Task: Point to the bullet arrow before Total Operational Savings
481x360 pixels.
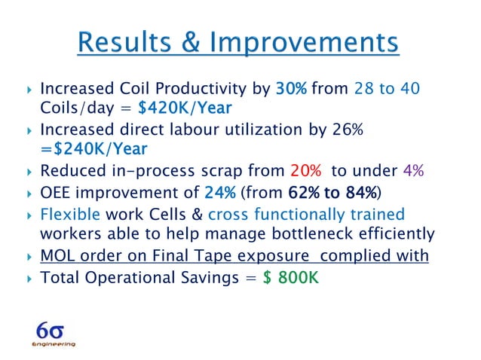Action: (x=27, y=277)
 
